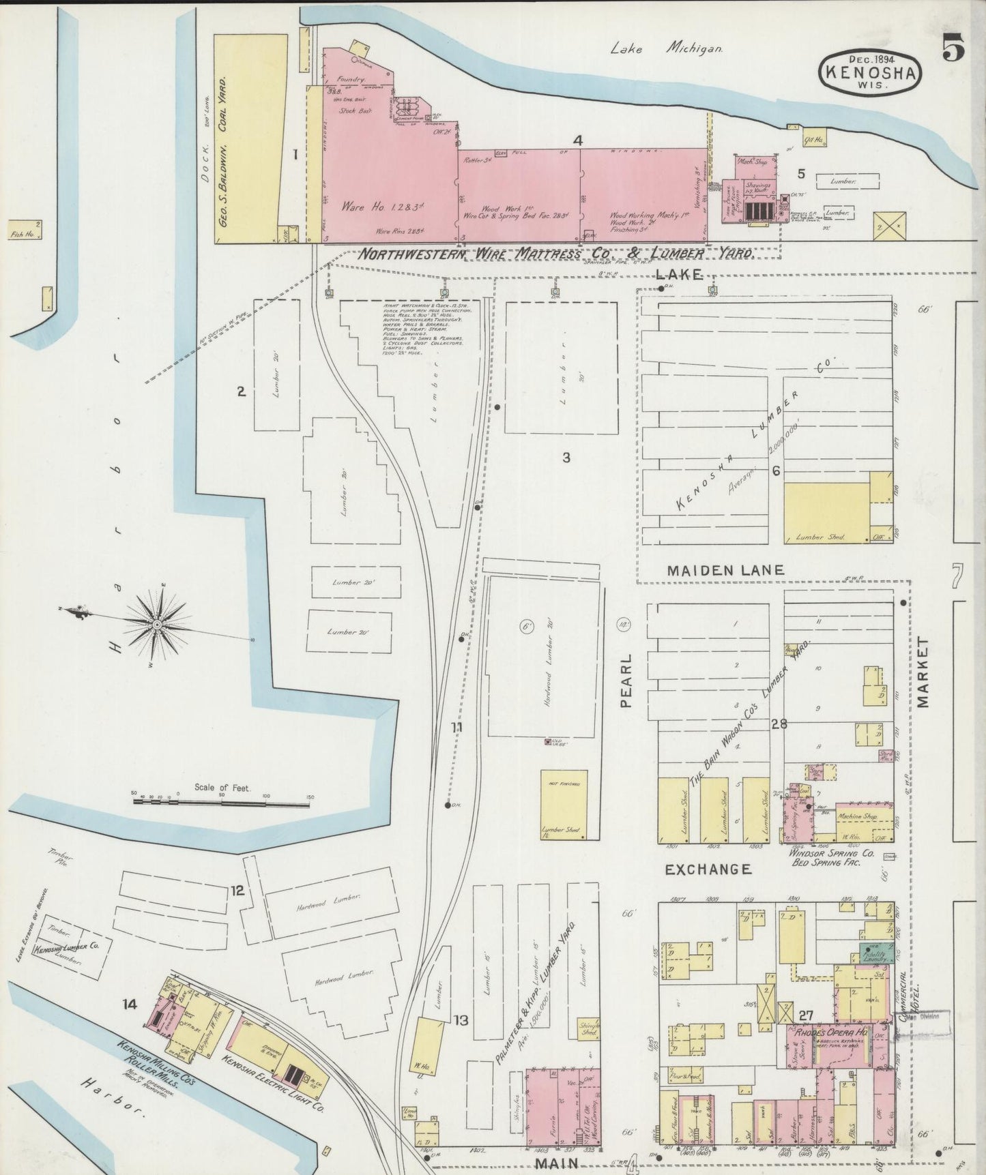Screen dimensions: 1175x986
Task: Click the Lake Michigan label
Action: tap(666, 48)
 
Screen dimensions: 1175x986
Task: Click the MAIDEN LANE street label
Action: tap(725, 569)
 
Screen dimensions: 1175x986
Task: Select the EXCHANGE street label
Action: tap(708, 869)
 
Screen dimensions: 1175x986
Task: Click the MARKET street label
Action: tap(924, 673)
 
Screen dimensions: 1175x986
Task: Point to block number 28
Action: tap(779, 724)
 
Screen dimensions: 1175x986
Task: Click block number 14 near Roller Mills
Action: tap(130, 1003)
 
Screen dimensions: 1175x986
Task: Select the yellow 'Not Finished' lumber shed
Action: tap(563, 805)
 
